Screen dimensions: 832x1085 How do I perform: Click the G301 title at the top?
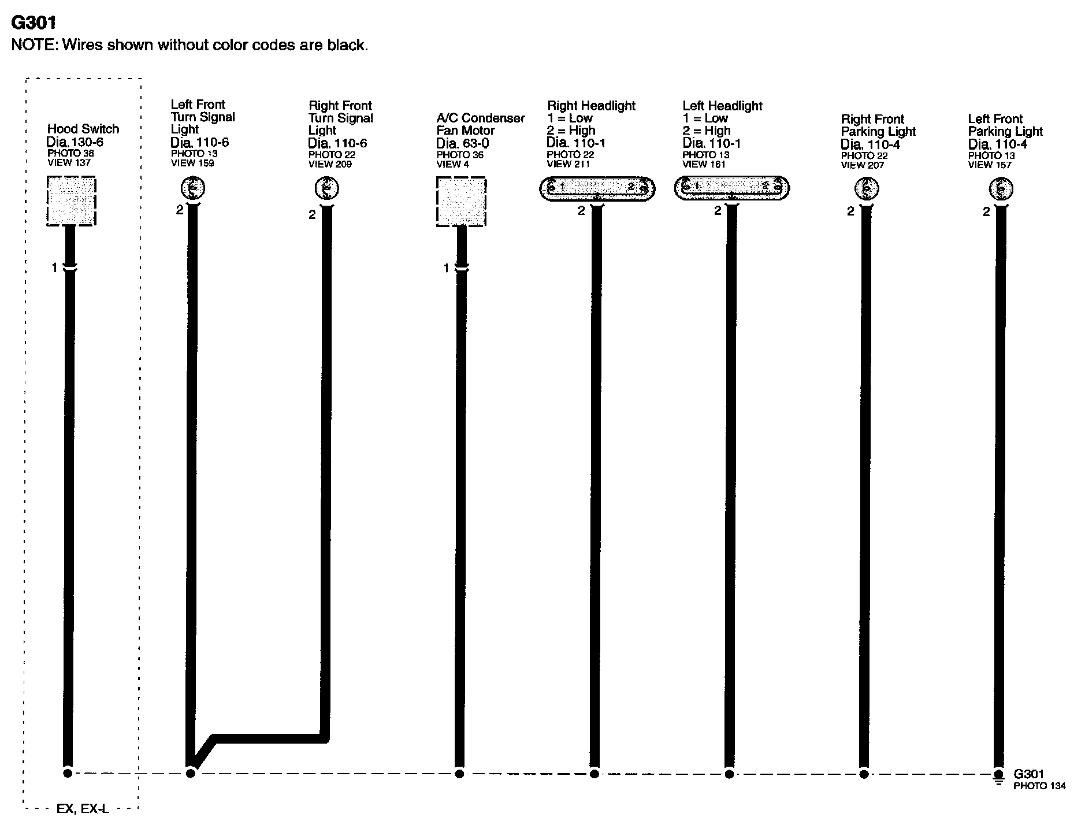point(34,23)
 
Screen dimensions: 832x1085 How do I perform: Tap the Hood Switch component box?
point(71,201)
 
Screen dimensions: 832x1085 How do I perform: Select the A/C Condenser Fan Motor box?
point(461,201)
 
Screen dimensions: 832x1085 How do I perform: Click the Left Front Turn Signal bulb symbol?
point(193,188)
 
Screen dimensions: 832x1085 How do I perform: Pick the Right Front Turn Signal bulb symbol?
point(326,188)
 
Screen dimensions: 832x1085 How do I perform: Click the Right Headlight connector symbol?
point(597,188)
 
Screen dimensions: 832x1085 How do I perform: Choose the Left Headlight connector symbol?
point(731,188)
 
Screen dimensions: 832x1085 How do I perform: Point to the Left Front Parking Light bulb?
point(1001,189)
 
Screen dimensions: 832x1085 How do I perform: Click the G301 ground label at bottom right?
point(1029,774)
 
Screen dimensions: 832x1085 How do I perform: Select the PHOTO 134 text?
point(1039,786)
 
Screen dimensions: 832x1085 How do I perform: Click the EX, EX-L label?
point(83,809)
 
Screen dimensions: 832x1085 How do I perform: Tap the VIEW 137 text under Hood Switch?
point(69,162)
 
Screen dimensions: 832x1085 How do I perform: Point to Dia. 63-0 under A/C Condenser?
point(462,143)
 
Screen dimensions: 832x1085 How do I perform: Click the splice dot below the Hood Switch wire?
point(68,773)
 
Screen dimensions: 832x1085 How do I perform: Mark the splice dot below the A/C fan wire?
point(459,774)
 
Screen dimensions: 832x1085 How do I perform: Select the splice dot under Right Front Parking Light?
point(864,774)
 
